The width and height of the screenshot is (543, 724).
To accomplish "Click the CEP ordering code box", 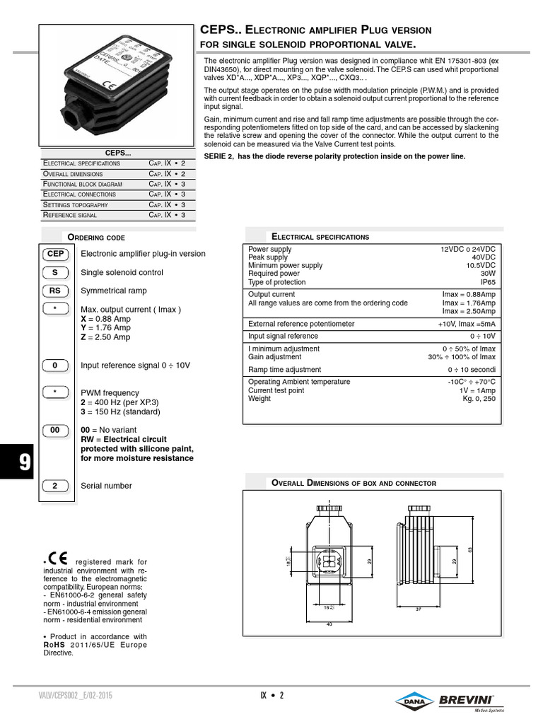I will (55, 254).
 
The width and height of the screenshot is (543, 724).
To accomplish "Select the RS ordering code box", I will (55, 291).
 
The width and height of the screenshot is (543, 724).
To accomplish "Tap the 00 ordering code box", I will (55, 430).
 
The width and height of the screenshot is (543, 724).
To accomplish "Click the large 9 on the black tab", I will (24, 462).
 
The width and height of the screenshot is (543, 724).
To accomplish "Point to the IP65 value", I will (489, 282).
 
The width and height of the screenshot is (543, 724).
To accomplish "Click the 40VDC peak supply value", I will (484, 258).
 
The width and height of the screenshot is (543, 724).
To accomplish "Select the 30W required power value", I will (488, 274).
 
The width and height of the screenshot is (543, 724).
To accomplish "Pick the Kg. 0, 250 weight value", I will (479, 399).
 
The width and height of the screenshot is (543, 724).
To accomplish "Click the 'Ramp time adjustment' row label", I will (284, 370).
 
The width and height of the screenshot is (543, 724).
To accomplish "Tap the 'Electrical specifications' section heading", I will (320, 237).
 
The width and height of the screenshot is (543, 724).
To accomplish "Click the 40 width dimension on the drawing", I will (329, 623).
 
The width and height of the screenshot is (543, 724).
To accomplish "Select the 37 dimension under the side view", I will (419, 609).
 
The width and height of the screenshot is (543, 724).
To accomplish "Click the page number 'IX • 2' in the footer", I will (271, 696).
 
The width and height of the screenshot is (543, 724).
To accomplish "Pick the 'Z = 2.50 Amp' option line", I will (105, 337).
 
